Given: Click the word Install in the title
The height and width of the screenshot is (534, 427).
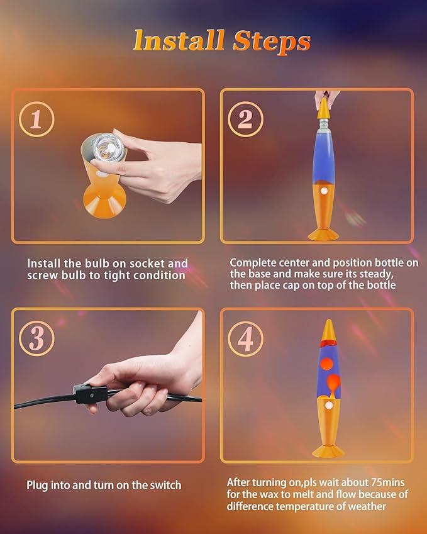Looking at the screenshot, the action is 179,40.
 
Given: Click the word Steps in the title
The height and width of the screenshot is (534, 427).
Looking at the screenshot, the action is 272,42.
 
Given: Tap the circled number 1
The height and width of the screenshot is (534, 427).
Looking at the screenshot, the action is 36,120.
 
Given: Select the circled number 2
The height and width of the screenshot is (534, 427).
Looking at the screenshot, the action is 245,120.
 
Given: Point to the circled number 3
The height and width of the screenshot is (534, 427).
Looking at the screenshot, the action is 36,338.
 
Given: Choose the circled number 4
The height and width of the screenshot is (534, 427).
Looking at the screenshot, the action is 245,338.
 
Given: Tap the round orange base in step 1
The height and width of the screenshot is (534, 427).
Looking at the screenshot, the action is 104,200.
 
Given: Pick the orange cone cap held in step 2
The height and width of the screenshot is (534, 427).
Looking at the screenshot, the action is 323,108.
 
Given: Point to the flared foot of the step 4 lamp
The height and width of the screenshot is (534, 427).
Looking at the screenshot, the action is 328,451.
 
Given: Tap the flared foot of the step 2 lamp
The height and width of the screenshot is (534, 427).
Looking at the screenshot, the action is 323,234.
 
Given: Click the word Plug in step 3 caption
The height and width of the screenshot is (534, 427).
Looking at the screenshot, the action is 37,486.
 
